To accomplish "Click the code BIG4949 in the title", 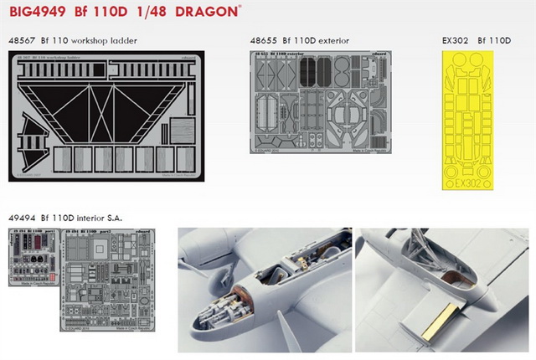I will [39, 13].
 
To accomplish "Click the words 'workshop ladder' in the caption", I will [107, 41].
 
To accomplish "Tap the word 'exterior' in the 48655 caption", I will [329, 41].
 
